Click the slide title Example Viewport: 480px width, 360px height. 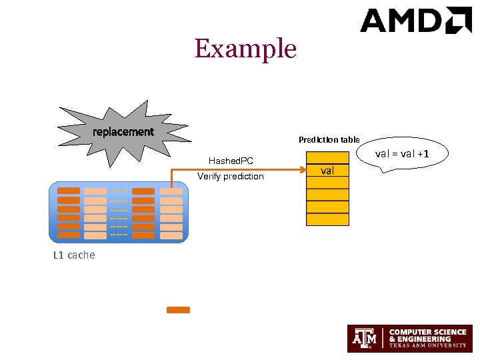245,49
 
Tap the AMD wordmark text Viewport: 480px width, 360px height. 403,21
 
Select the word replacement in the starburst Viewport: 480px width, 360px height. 123,132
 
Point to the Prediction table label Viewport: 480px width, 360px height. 329,139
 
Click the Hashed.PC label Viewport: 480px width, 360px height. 231,161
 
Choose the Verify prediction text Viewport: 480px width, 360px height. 231,177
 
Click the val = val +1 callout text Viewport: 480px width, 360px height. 402,154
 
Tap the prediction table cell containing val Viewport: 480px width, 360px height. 327,171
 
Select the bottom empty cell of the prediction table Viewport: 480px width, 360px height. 327,219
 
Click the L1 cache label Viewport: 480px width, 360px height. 73,255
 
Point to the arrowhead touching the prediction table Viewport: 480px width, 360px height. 302,171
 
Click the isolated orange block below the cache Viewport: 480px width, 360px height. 178,310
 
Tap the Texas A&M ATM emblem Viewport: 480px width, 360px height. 365,339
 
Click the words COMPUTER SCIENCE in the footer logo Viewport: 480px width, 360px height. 427,332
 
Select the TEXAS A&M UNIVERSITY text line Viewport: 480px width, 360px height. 427,347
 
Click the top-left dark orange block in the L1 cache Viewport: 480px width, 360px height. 69,191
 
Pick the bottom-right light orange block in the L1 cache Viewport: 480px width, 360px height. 171,235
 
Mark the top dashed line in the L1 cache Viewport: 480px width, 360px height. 119,192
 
